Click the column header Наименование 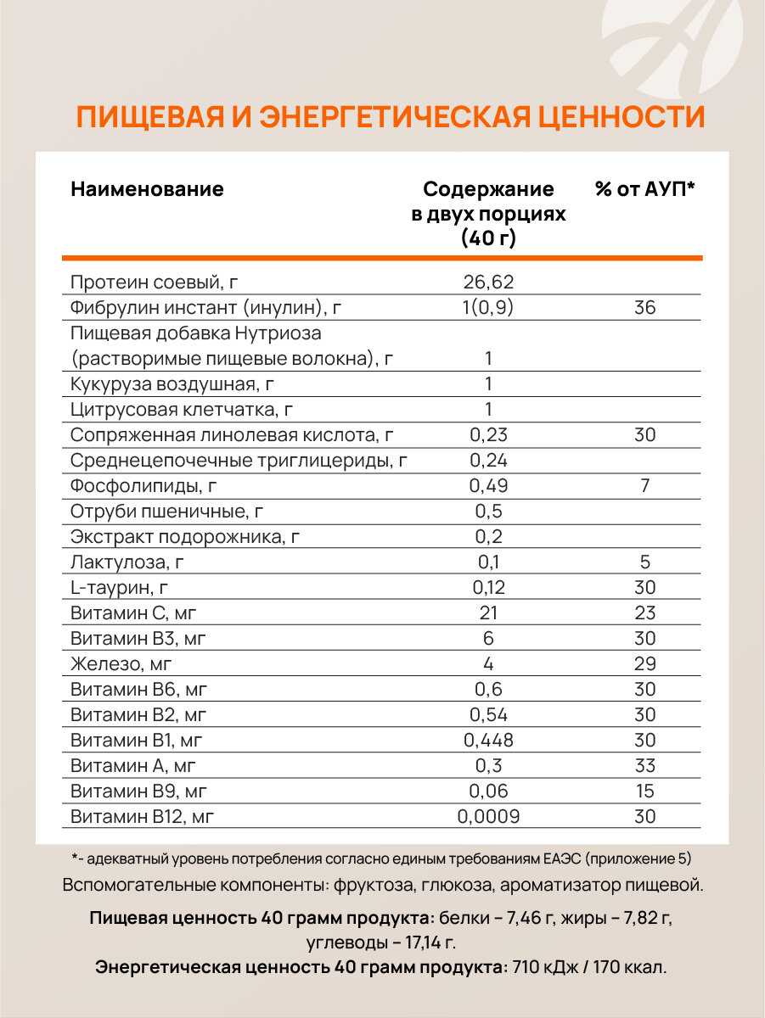click(147, 189)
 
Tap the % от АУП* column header click(644, 189)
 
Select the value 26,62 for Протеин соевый click(488, 282)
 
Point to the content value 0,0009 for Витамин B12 click(488, 816)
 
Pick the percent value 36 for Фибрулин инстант click(644, 307)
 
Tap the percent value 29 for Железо click(644, 663)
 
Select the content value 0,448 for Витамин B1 click(488, 740)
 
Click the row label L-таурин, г click(125, 587)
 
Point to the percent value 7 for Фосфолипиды click(644, 485)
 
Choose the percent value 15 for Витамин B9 click(644, 791)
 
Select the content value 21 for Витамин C click(488, 612)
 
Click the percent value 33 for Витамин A click(644, 765)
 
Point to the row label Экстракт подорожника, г click(185, 536)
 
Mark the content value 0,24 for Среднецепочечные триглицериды click(488, 460)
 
